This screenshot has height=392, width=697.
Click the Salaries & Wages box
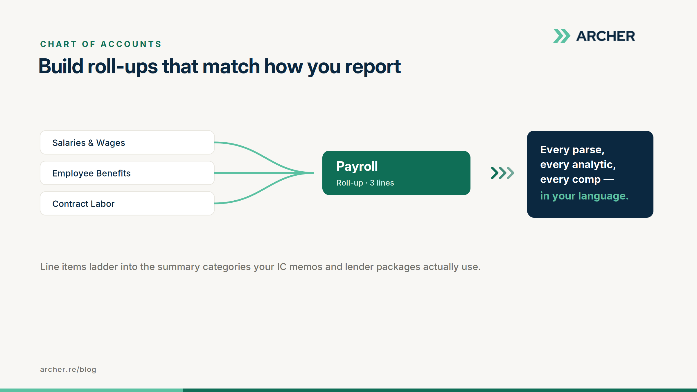pyautogui.click(x=127, y=143)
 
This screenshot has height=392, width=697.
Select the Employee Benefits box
pyautogui.click(x=127, y=173)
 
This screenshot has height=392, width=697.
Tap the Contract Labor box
pyautogui.click(x=127, y=204)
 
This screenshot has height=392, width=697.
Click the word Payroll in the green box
pyautogui.click(x=357, y=167)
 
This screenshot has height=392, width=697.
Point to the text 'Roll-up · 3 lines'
pyautogui.click(x=365, y=183)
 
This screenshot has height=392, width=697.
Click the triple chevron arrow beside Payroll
pyautogui.click(x=503, y=173)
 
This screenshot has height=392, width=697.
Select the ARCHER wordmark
pyautogui.click(x=606, y=36)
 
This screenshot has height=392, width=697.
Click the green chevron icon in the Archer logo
pyautogui.click(x=562, y=36)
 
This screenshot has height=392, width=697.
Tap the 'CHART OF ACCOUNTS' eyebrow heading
pyautogui.click(x=101, y=44)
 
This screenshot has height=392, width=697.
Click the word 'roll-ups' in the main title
pyautogui.click(x=123, y=66)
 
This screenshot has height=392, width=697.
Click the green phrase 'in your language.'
pyautogui.click(x=584, y=196)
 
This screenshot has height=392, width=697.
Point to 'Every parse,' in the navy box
pyautogui.click(x=572, y=150)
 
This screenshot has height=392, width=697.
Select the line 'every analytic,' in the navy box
pyautogui.click(x=578, y=165)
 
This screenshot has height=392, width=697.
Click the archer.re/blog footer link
pyautogui.click(x=68, y=369)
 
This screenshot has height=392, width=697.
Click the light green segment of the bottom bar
pyautogui.click(x=91, y=390)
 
